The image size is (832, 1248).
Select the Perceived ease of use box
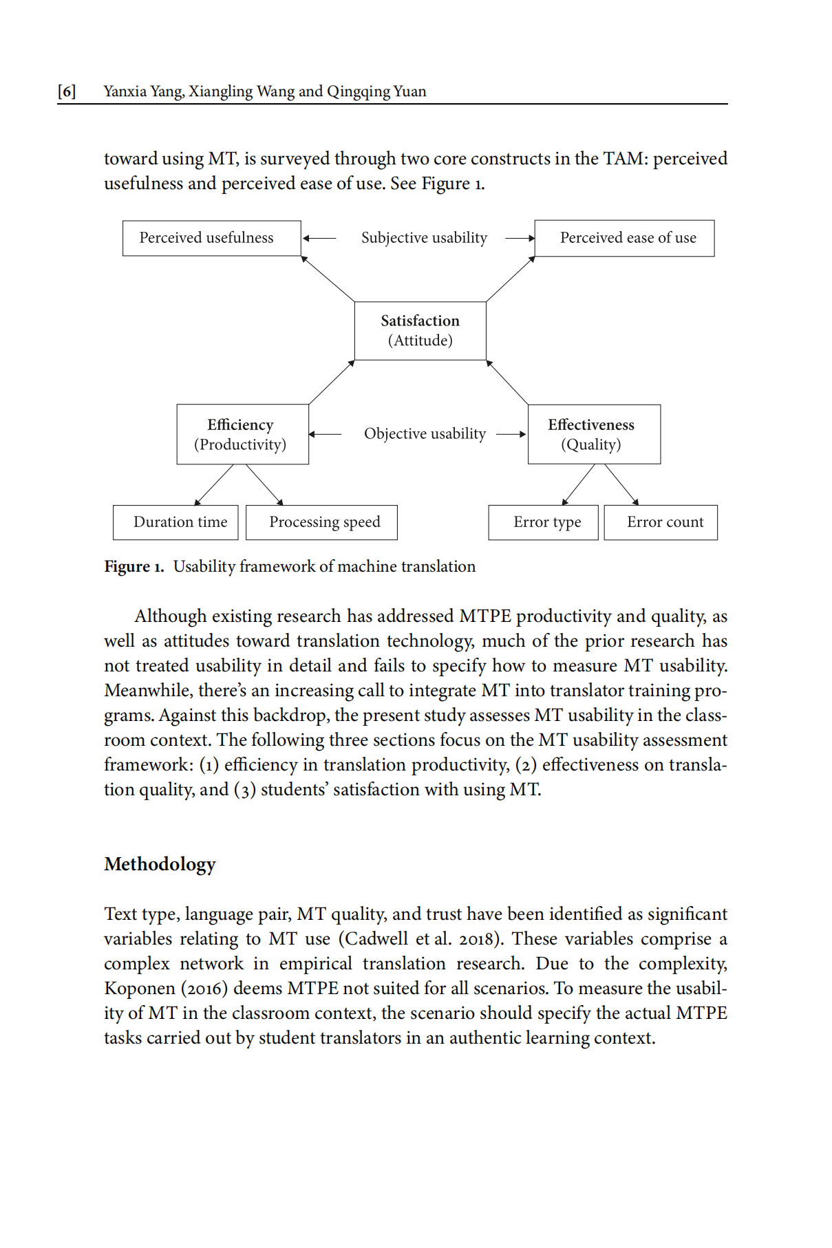coord(624,238)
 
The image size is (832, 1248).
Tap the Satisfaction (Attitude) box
coord(420,331)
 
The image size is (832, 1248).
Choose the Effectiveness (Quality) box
coord(594,434)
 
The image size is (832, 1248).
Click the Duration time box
coord(175,522)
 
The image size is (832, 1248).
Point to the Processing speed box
coord(321,522)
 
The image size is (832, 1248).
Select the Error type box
coord(543,522)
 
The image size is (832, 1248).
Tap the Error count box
coord(661,522)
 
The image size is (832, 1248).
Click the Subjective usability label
coord(424,238)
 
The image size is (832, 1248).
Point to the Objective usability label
coord(425,434)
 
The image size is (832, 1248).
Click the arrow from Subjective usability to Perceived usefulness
coord(319,239)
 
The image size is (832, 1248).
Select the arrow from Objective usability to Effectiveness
coord(511,434)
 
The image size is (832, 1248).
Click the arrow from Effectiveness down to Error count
coord(622,484)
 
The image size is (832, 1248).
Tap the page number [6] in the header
coord(67,92)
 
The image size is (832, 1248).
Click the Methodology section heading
coord(160,864)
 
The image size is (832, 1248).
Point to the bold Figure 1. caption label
coord(134,567)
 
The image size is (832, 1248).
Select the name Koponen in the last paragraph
coord(140,989)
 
